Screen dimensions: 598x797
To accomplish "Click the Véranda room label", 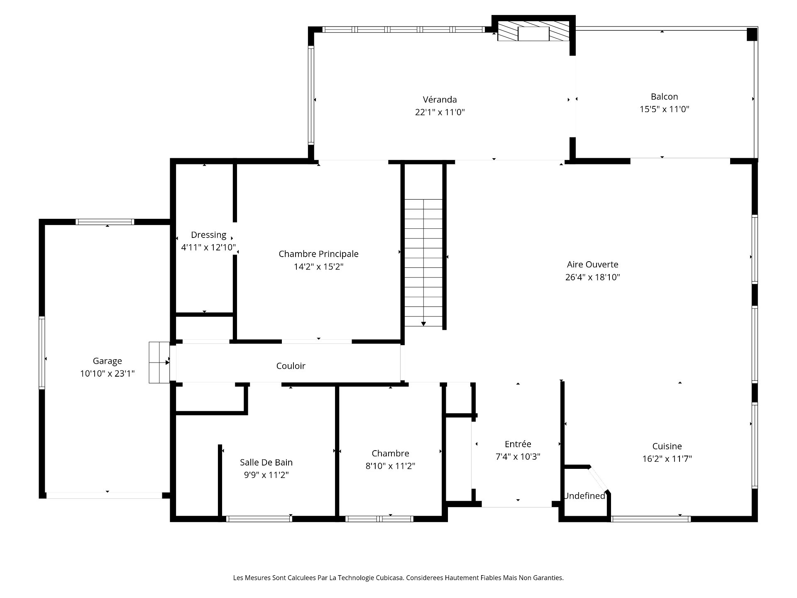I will (x=440, y=100).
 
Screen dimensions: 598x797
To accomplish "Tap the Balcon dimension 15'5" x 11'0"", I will (x=664, y=109).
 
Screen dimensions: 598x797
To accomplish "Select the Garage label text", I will (x=107, y=361).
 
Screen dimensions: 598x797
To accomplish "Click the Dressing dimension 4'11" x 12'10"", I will (x=208, y=248).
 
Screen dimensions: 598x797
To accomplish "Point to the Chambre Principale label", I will (x=318, y=254).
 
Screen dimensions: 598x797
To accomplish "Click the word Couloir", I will (x=291, y=366).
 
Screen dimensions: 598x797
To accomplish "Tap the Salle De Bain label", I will (x=266, y=462).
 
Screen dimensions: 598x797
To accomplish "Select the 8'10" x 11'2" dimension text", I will (x=390, y=466).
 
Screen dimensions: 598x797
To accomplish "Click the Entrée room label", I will (x=518, y=444).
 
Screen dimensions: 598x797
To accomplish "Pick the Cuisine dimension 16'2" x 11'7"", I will (x=667, y=459).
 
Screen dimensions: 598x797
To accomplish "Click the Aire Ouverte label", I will (x=592, y=265).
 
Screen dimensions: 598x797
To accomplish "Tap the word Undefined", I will (x=584, y=496).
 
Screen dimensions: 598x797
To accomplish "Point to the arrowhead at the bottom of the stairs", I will (x=423, y=324).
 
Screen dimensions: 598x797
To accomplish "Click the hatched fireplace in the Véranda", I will (x=533, y=32).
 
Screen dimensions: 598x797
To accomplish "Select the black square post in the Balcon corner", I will (x=751, y=34).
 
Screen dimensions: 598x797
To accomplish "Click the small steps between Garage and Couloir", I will (x=159, y=362).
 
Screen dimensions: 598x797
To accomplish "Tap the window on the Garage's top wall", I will (x=105, y=222).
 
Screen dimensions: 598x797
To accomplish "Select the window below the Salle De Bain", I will (x=259, y=519).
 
